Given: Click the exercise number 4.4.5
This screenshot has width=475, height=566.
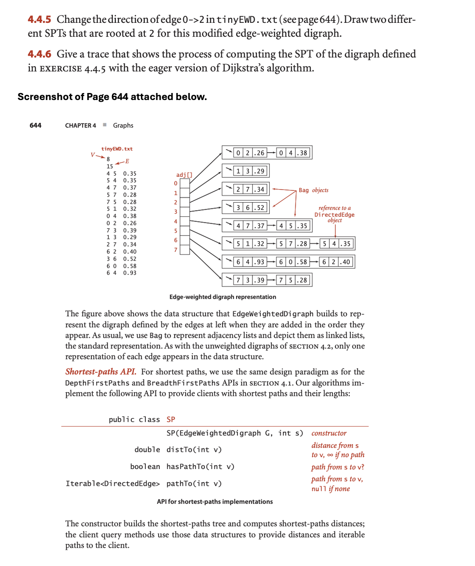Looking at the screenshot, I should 39,19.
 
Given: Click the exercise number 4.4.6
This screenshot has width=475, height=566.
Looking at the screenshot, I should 39,54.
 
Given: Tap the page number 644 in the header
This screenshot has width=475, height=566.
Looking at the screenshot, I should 36,125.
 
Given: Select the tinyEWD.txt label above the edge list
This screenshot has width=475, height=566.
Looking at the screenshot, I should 117,149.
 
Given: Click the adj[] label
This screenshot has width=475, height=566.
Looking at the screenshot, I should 184,175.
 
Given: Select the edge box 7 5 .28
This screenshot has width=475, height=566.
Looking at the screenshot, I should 293,280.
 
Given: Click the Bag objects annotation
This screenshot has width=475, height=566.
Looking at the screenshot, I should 313,190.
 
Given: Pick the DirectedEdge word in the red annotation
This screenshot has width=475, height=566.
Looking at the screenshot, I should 334,215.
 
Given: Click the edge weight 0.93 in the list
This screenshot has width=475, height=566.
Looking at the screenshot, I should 130,273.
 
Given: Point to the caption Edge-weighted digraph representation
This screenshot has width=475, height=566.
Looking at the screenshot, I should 223,297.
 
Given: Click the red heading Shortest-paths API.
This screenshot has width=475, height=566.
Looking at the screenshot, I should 101,372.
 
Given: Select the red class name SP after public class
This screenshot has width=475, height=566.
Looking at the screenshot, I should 171,419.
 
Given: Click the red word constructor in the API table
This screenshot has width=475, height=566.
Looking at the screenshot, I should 329,433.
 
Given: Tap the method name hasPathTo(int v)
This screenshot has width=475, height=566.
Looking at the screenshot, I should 200,466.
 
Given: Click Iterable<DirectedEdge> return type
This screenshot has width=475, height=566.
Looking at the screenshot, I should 112,484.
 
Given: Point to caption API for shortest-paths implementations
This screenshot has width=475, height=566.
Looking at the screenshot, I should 215,502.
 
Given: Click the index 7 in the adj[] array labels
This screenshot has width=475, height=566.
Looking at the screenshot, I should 176,250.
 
